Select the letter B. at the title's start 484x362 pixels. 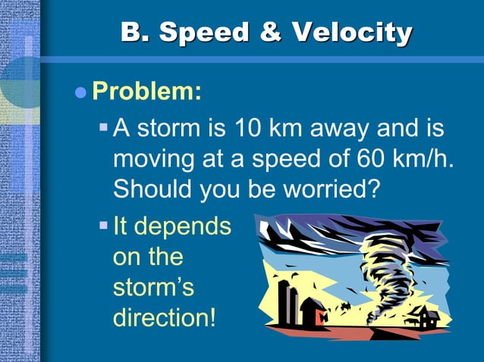pos(137,33)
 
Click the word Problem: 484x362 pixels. pos(146,92)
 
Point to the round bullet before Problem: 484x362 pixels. pos(81,93)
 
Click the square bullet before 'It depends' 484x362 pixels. pos(104,225)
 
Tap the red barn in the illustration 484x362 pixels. pos(313,311)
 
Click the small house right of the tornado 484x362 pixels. pos(426,317)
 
